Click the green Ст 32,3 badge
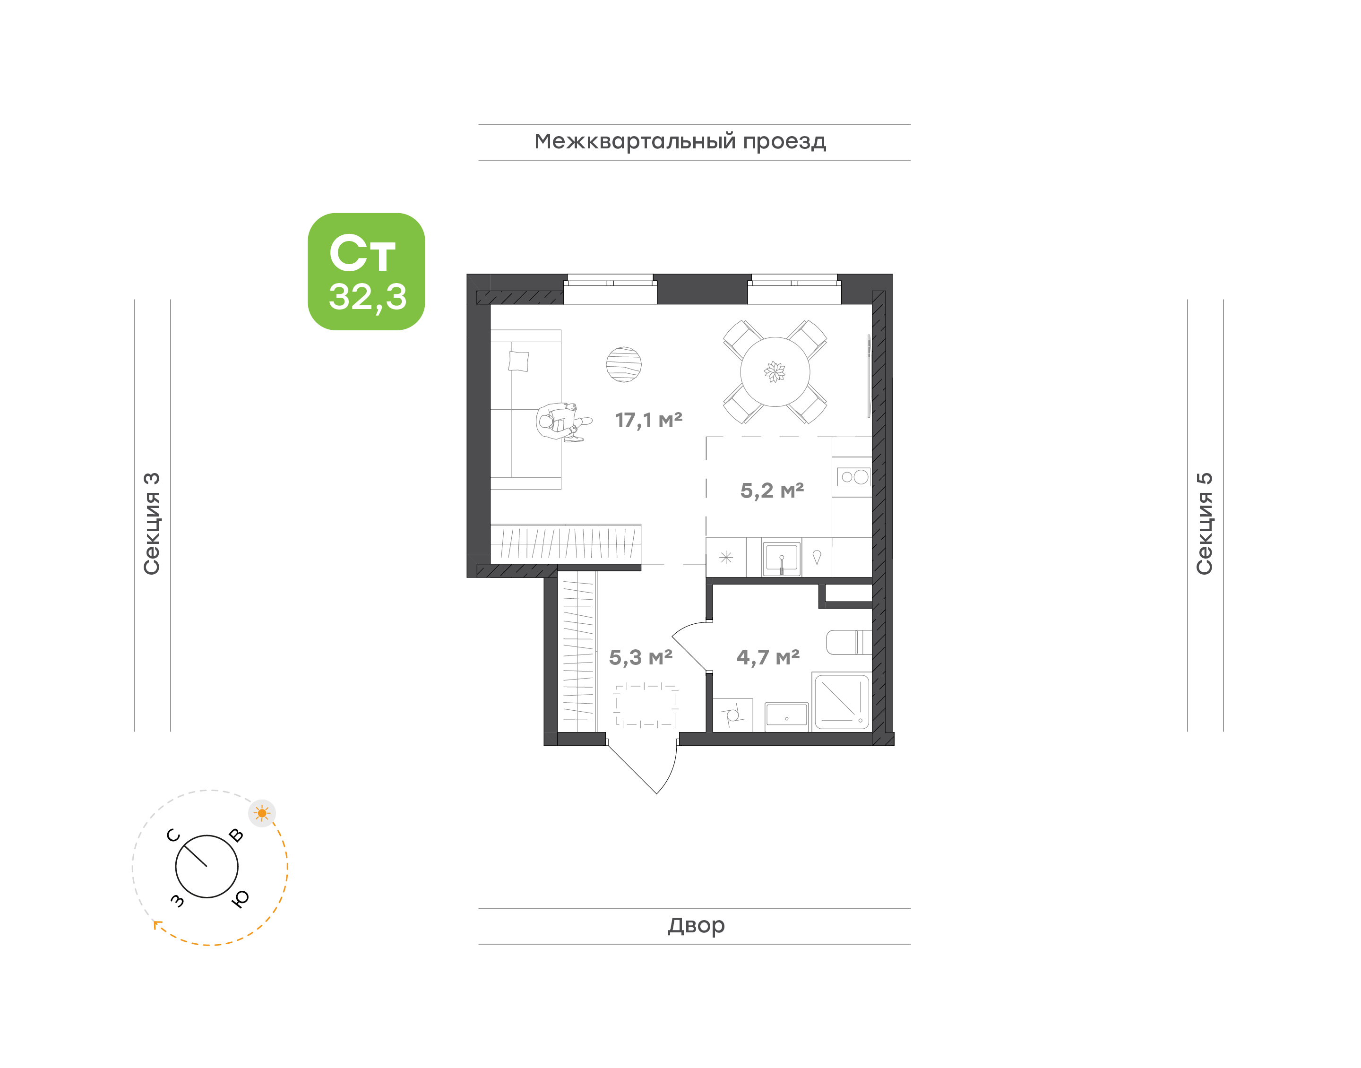click(x=366, y=271)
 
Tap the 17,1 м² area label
click(x=648, y=420)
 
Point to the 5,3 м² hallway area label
click(x=640, y=658)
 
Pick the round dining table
click(x=775, y=372)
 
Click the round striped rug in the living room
click(x=623, y=364)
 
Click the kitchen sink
click(x=782, y=558)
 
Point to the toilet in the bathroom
click(x=849, y=642)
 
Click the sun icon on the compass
click(x=261, y=813)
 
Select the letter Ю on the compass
click(x=240, y=898)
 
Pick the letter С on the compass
click(x=173, y=835)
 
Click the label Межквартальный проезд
click(x=680, y=142)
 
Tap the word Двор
click(x=696, y=925)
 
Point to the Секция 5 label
click(x=1205, y=524)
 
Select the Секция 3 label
click(x=152, y=524)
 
